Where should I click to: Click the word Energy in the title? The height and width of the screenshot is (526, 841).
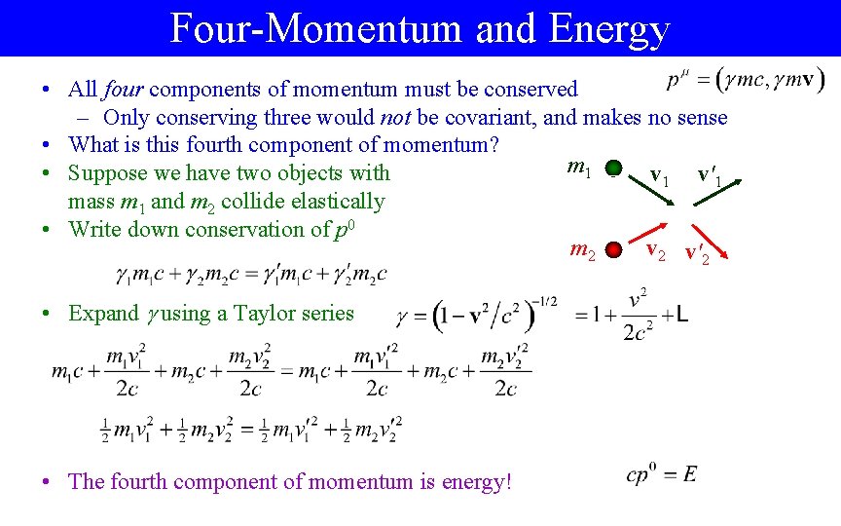pyautogui.click(x=609, y=29)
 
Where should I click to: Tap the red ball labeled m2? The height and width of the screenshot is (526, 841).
pyautogui.click(x=612, y=250)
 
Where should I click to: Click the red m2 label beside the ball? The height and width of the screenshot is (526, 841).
pyautogui.click(x=582, y=251)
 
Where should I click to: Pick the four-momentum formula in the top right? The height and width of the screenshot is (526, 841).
pyautogui.click(x=746, y=80)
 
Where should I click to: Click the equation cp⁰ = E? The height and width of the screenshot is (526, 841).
pyautogui.click(x=662, y=475)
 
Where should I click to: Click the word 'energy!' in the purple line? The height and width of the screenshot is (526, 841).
pyautogui.click(x=471, y=481)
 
